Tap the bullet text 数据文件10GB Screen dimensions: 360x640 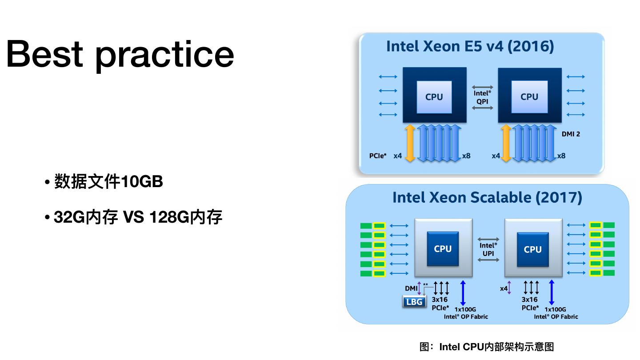click(x=108, y=182)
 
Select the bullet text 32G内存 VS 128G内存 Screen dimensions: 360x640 click(x=138, y=217)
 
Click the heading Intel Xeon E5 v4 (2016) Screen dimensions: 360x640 click(x=470, y=46)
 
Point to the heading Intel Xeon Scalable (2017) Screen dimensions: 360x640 click(x=487, y=197)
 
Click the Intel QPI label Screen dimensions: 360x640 click(x=482, y=97)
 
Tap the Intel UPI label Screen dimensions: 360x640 click(x=488, y=249)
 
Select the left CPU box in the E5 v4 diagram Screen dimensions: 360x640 click(x=434, y=97)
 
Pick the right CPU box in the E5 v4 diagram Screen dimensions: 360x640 click(x=529, y=97)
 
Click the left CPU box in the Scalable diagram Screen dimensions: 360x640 click(x=443, y=249)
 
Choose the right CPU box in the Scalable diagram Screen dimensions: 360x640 click(x=532, y=249)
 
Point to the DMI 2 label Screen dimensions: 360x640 click(x=571, y=134)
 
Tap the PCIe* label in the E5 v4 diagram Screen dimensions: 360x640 click(x=378, y=156)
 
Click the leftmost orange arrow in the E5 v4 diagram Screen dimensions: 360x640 click(x=410, y=143)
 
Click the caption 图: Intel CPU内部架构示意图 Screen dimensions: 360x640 click(x=487, y=347)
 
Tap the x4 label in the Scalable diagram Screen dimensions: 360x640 click(x=504, y=288)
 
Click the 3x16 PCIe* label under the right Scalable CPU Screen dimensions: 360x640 click(x=530, y=304)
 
